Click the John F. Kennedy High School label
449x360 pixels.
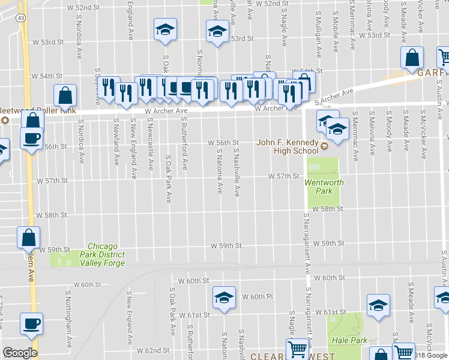pyautogui.click(x=287, y=146)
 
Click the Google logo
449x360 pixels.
pyautogui.click(x=20, y=353)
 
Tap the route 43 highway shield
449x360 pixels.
pyautogui.click(x=21, y=19)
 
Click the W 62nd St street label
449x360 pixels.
pyautogui.click(x=150, y=350)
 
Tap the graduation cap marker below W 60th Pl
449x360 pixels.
pyautogui.click(x=223, y=298)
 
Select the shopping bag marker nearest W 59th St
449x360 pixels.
pyautogui.click(x=29, y=238)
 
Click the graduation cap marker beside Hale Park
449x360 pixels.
pyautogui.click(x=379, y=305)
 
